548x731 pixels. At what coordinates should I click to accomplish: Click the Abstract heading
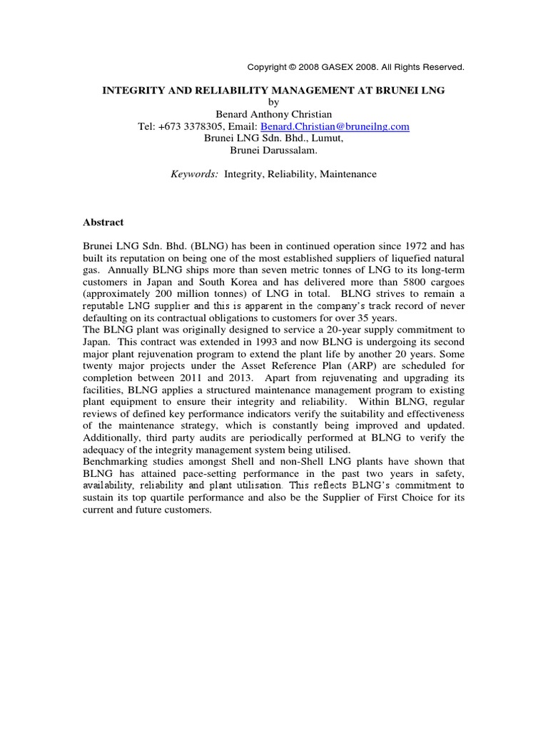coord(103,222)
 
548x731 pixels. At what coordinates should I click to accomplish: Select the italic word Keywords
coord(195,173)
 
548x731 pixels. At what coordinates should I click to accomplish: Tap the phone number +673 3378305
coord(206,126)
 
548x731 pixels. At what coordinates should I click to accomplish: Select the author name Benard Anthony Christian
coord(274,114)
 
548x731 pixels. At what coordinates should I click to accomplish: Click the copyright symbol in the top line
coord(292,67)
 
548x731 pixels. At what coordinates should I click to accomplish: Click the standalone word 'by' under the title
coord(274,102)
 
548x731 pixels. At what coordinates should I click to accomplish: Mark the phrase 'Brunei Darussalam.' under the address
coord(274,150)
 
